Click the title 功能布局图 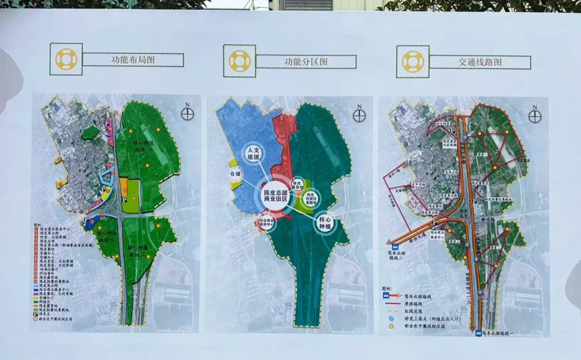click(x=133, y=60)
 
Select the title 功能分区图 click(x=306, y=62)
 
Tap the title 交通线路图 click(x=480, y=62)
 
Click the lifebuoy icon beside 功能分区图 click(x=240, y=61)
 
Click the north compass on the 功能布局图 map click(x=188, y=114)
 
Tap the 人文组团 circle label click(x=253, y=153)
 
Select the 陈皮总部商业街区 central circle click(x=276, y=196)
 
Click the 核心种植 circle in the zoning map click(x=325, y=223)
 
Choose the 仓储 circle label click(x=235, y=174)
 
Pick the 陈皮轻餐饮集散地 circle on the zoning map click(x=311, y=198)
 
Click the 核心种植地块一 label click(x=143, y=146)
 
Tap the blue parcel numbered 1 click(x=92, y=221)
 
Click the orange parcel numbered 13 click(x=125, y=190)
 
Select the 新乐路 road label click(x=488, y=220)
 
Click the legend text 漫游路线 click(x=413, y=304)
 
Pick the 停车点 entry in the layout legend click(x=44, y=314)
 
